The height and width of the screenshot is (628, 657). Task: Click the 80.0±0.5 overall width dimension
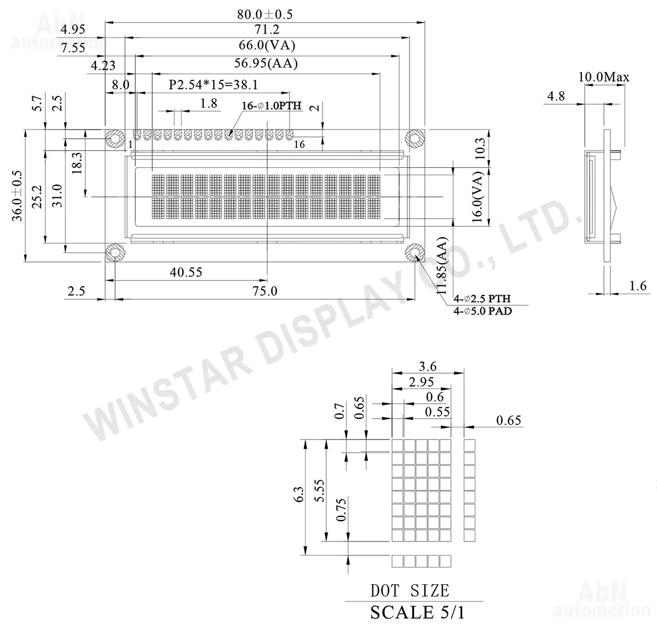(264, 14)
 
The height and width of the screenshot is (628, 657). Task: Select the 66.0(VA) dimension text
(267, 45)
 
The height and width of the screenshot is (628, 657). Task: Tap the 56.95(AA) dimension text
(266, 63)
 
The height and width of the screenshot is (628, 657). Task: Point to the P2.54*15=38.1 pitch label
(214, 84)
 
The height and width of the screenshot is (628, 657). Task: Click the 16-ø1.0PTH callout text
(272, 106)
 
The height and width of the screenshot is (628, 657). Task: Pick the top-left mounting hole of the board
(115, 139)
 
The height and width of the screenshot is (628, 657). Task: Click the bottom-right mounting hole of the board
(414, 253)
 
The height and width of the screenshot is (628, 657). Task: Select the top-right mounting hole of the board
(414, 138)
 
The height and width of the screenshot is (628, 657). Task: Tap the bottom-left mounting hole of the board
(115, 253)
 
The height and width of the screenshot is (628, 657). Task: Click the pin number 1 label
(131, 144)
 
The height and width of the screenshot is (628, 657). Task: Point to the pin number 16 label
(299, 144)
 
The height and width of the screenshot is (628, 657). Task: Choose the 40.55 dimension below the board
(186, 272)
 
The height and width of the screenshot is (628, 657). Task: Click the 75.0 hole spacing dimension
(264, 290)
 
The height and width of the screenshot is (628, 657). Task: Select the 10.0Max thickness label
(604, 77)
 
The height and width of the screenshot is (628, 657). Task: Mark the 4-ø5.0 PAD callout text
(483, 311)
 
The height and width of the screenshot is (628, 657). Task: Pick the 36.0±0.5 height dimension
(17, 196)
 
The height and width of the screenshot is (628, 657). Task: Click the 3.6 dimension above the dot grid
(428, 366)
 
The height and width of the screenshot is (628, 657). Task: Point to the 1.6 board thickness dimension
(637, 286)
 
